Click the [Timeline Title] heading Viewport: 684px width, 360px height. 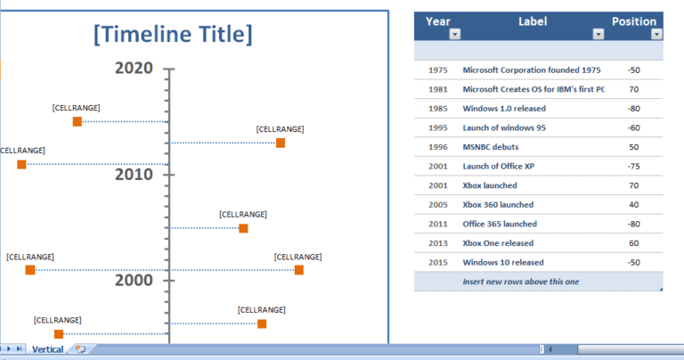click(x=173, y=35)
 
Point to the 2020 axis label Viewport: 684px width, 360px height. click(x=134, y=68)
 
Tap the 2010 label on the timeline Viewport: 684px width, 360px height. click(x=134, y=174)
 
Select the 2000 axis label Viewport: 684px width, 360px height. click(x=134, y=280)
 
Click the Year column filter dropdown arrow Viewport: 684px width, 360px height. click(x=455, y=35)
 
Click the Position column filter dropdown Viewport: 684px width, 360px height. click(x=656, y=35)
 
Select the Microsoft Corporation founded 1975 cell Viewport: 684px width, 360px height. click(x=532, y=70)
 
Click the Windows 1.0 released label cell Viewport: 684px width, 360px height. click(x=504, y=109)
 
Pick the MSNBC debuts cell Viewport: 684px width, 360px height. click(x=491, y=147)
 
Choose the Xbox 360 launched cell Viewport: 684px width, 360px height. click(x=499, y=205)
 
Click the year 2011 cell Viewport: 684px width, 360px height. click(x=438, y=225)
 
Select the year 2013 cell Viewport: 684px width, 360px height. click(x=438, y=243)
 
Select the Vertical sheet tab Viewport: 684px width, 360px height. click(x=48, y=349)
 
